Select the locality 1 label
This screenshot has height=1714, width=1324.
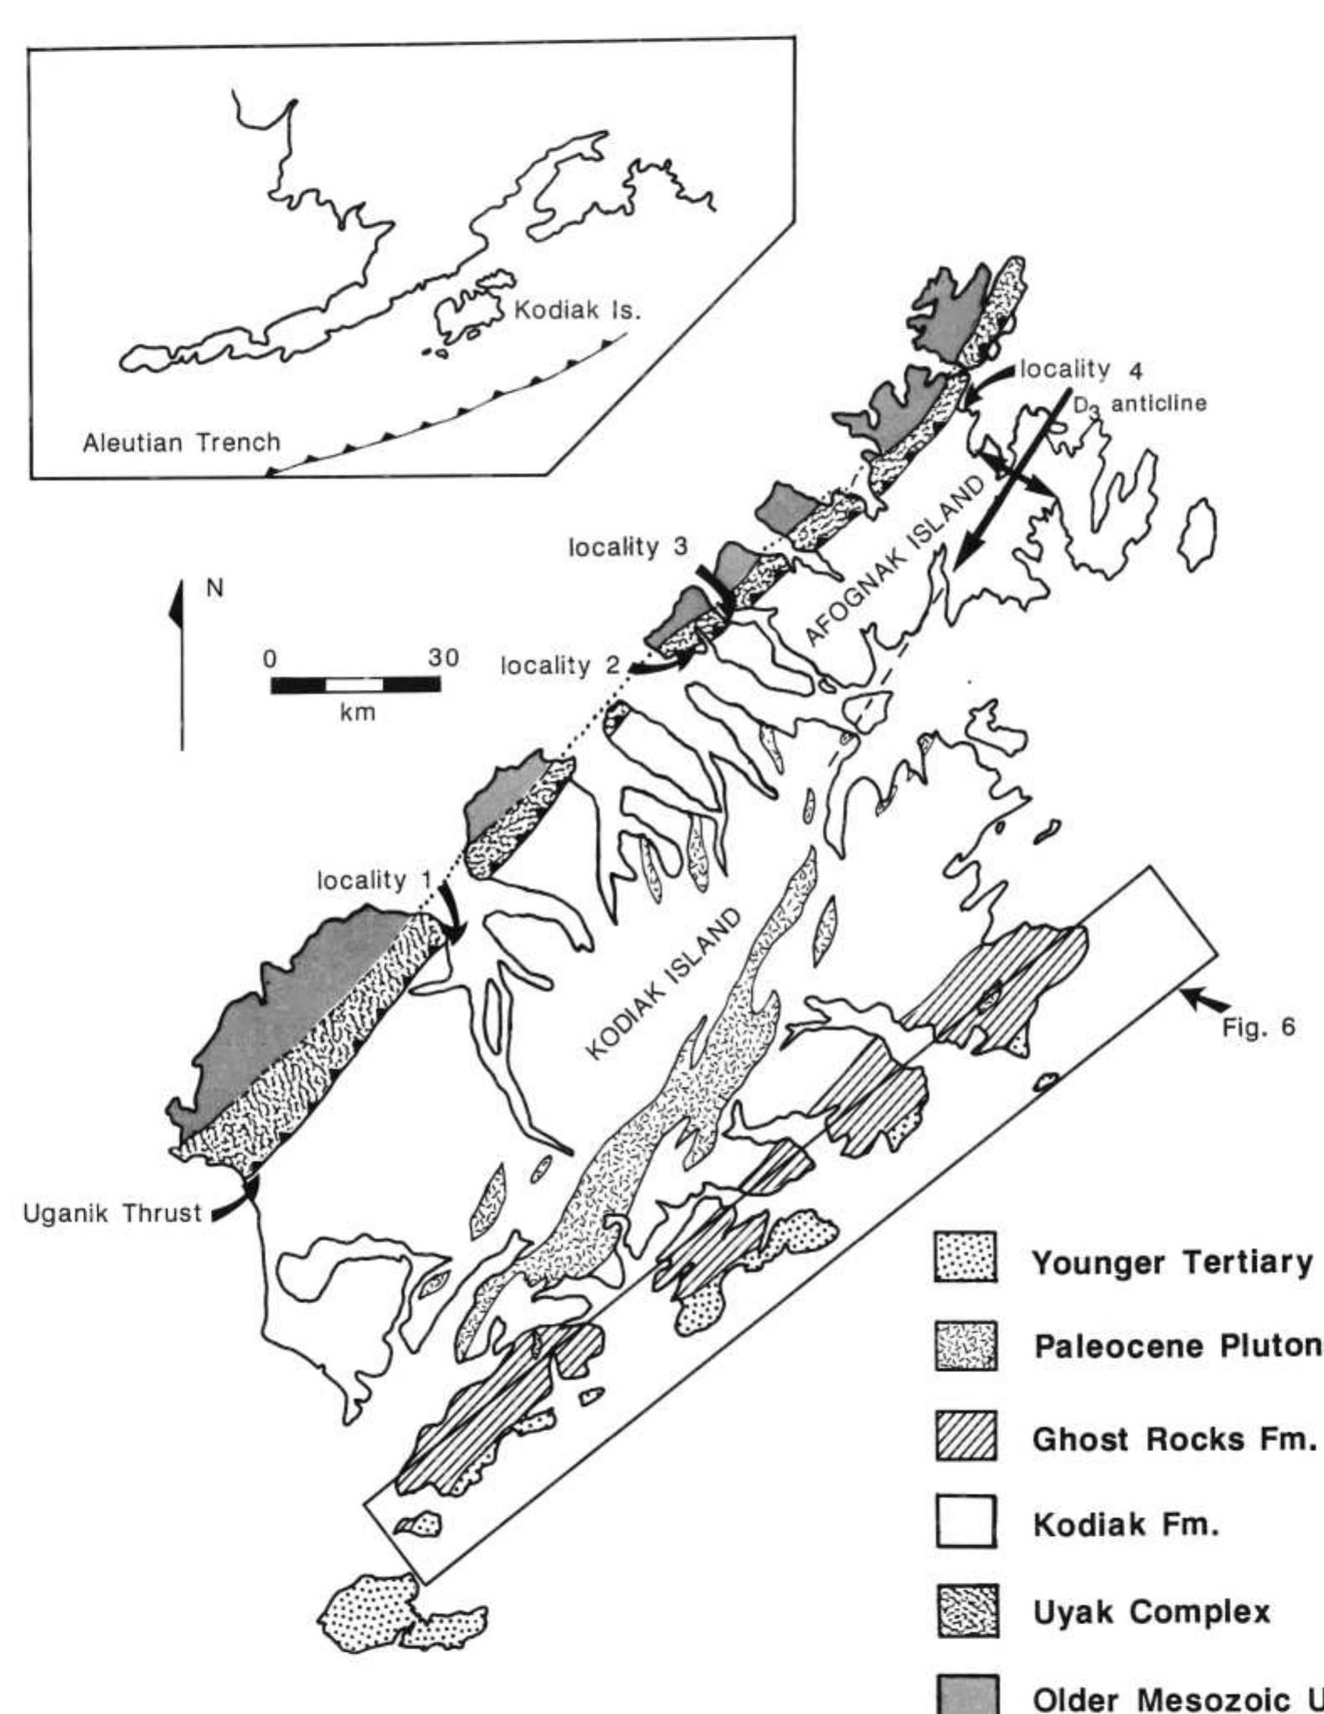click(x=374, y=881)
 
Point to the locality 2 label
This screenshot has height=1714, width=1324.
click(x=560, y=665)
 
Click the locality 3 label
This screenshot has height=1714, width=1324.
click(x=628, y=547)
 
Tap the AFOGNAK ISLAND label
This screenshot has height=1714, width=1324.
click(x=897, y=560)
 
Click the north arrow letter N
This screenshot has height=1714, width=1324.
click(x=216, y=589)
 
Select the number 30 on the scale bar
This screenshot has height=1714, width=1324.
click(x=443, y=657)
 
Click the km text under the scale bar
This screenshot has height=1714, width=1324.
click(x=356, y=712)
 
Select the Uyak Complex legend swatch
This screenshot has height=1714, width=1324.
click(x=966, y=1610)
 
